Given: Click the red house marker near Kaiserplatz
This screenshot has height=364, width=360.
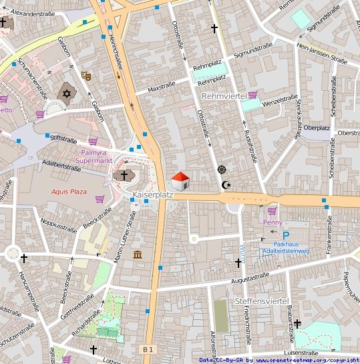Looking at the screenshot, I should (180, 181).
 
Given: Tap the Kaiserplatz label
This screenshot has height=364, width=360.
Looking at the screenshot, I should (153, 195).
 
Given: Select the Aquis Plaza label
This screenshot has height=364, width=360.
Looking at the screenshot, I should (69, 192).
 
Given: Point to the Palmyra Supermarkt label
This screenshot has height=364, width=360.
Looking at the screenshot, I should (94, 156).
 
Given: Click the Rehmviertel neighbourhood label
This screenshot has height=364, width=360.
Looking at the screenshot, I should (224, 96).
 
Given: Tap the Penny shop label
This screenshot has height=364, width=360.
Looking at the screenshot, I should (273, 222).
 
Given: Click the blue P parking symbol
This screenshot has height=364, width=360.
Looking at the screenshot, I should (285, 235).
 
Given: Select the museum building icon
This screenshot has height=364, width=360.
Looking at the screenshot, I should (138, 255).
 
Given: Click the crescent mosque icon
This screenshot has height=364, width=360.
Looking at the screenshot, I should (227, 185).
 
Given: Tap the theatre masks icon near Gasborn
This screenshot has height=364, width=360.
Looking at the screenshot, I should (85, 76).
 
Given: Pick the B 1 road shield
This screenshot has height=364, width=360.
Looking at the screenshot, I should (148, 349).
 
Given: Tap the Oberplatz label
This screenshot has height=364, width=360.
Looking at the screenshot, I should (317, 128).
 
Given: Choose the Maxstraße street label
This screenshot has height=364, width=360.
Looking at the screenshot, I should (161, 86).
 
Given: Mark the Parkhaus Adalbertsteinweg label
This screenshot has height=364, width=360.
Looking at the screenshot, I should (285, 247).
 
